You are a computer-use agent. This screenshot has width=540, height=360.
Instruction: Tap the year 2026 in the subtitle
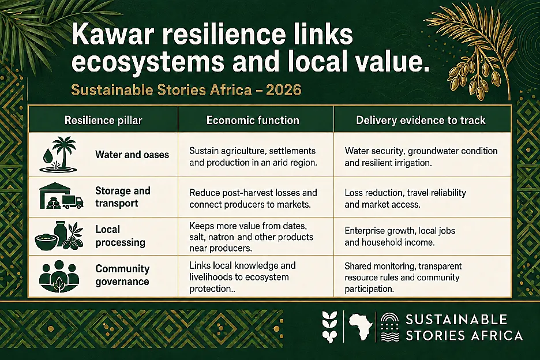tap(284, 90)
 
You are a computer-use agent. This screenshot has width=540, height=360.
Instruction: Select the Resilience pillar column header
tap(103, 120)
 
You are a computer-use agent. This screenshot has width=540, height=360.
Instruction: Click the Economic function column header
tap(253, 120)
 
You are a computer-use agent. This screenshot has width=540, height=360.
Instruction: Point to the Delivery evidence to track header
tap(421, 120)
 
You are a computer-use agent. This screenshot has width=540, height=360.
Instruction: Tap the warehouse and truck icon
tap(61, 196)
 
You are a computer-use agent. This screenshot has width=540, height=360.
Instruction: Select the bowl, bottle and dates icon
tap(59, 236)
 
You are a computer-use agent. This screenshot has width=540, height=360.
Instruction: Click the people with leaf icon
tap(59, 276)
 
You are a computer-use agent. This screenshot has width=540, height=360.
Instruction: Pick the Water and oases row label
tap(132, 155)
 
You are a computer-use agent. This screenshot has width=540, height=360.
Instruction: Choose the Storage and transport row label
tap(123, 197)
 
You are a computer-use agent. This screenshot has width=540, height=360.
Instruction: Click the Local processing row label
tap(120, 236)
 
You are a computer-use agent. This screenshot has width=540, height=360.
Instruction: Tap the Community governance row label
tap(122, 275)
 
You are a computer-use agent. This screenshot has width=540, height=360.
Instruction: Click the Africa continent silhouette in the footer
tap(360, 326)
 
